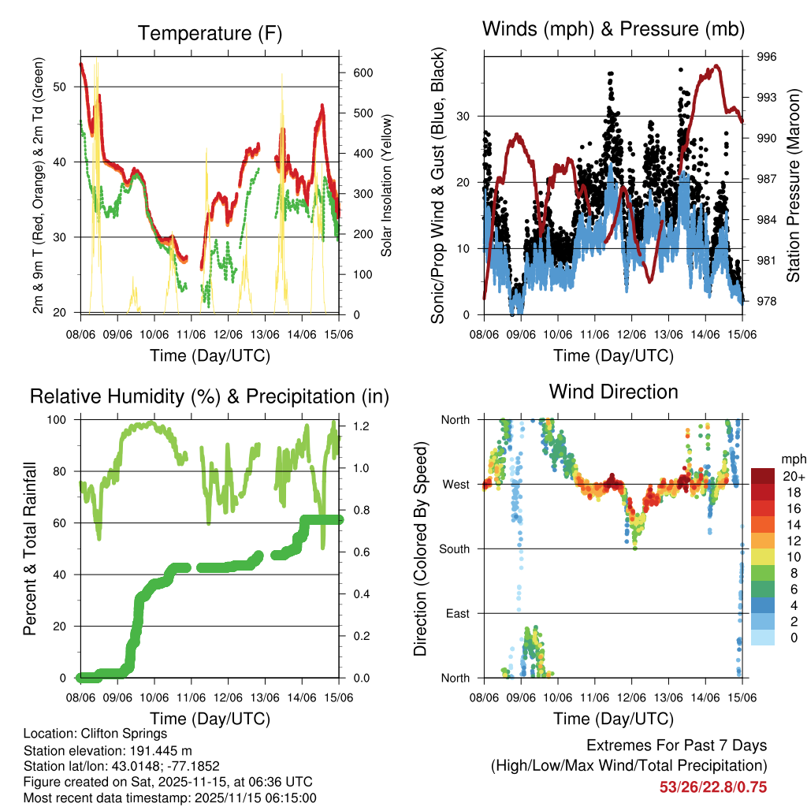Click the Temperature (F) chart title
[210, 33]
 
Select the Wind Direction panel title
[613, 392]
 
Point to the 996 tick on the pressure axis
[768, 57]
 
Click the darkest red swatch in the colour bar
[764, 475]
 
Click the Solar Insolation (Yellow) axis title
[387, 186]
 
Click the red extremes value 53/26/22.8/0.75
[713, 787]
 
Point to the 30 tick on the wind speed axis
[463, 116]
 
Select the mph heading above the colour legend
[792, 459]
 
